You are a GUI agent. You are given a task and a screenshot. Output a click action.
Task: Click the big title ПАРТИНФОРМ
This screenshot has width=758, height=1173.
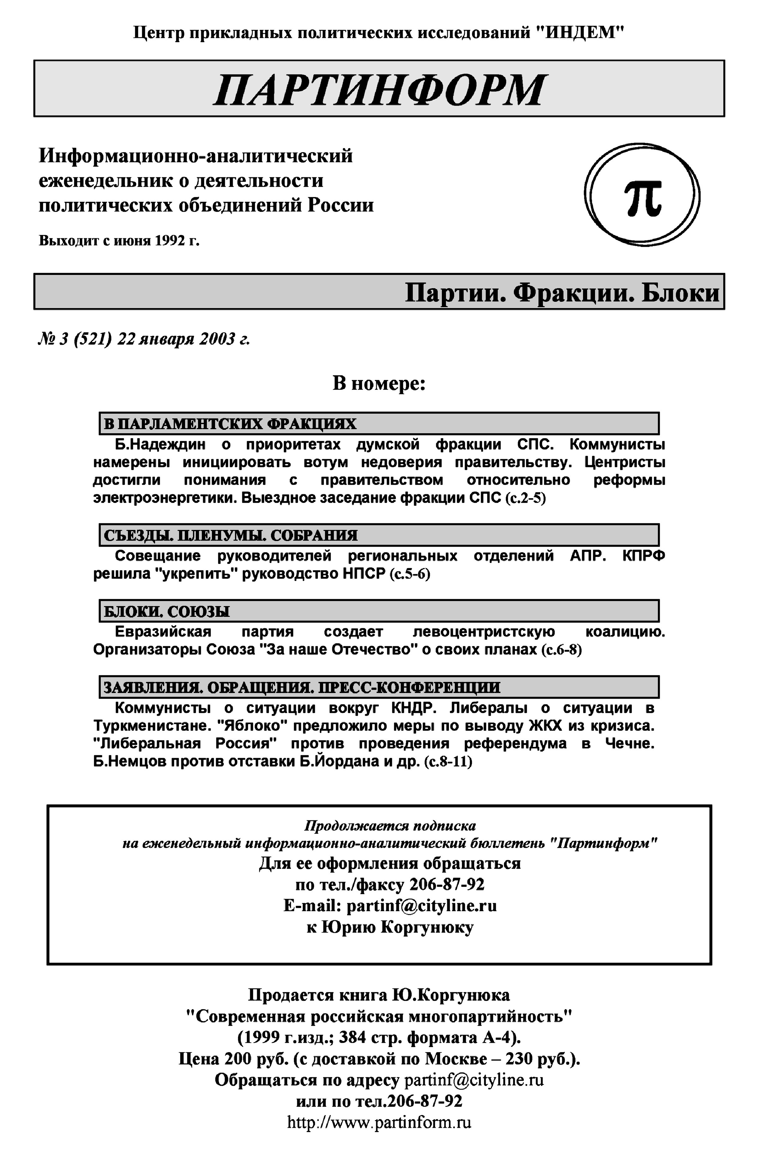click(379, 90)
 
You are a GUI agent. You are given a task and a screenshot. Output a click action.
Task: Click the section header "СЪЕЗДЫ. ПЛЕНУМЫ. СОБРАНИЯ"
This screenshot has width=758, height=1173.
click(230, 535)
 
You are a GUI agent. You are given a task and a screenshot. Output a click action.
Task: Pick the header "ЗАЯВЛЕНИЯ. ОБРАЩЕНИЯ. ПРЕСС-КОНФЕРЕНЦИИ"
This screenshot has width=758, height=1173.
click(301, 687)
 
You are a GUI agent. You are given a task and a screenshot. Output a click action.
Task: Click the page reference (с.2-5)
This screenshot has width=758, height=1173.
click(525, 498)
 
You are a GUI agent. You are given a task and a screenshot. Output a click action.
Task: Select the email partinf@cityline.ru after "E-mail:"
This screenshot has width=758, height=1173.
click(421, 906)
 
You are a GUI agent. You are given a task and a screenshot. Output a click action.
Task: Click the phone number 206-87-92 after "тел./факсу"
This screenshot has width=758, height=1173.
click(447, 885)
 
